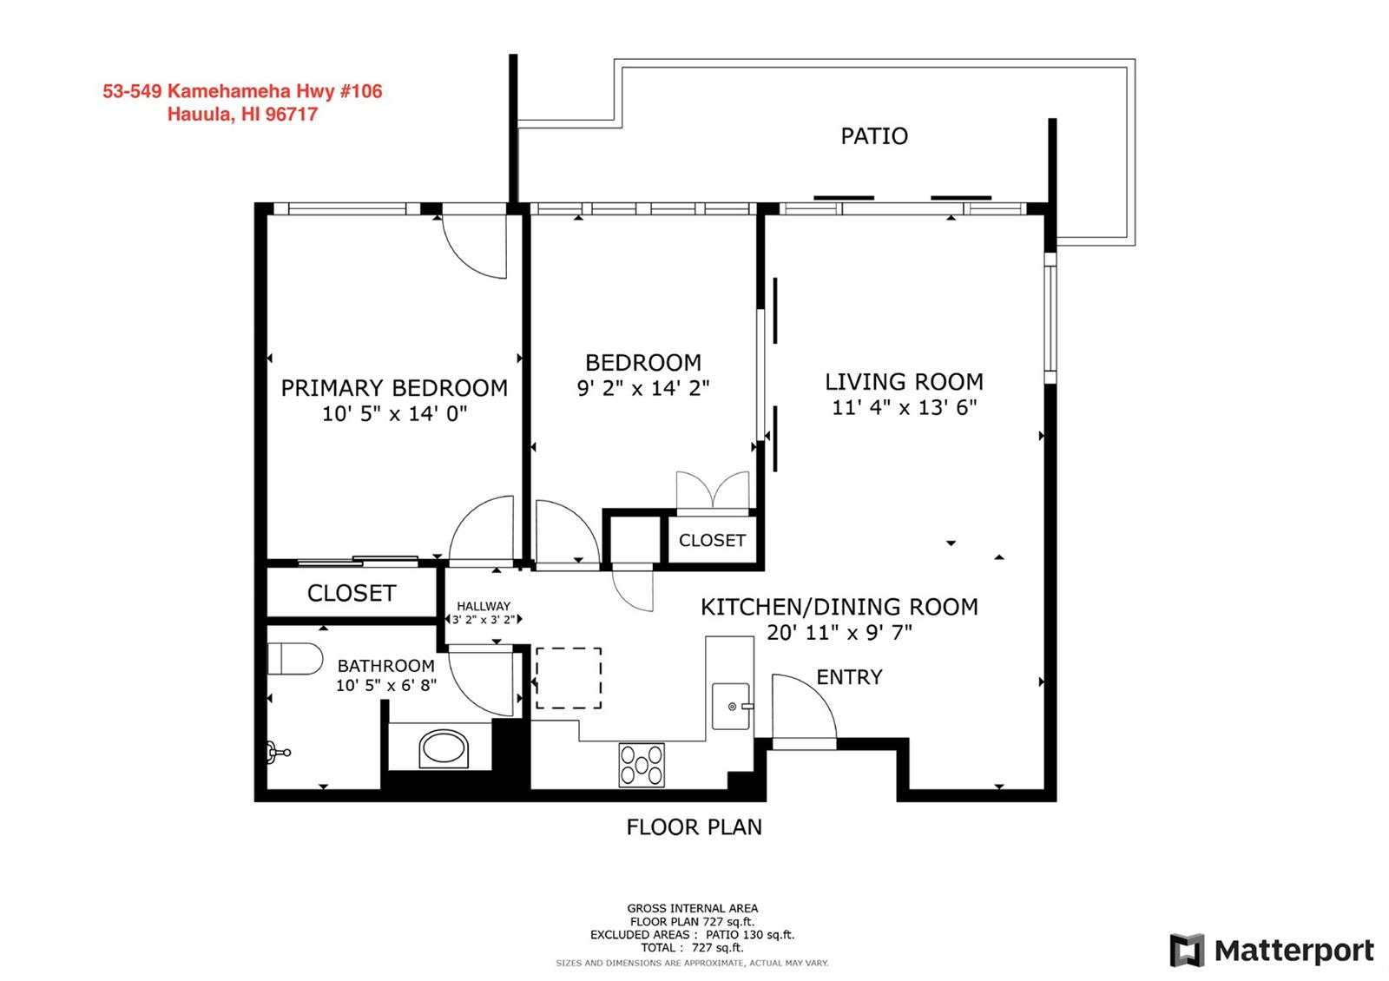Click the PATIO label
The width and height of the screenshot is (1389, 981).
point(873,135)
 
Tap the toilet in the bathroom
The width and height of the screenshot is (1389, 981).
point(294,659)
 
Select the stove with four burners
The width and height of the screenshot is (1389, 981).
point(642,765)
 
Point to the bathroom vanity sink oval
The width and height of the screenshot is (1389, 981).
point(444,748)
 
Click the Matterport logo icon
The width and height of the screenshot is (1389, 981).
point(1187,950)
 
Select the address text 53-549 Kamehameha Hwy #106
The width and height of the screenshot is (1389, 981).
point(242,91)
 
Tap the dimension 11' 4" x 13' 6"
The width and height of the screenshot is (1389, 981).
point(904,407)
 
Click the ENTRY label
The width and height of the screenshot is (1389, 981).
point(849,677)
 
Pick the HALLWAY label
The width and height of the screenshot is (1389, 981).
point(484,606)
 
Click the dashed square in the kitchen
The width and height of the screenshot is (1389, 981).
point(569,678)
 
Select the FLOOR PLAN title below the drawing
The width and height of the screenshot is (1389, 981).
point(694,827)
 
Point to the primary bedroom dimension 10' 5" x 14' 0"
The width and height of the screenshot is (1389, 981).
point(394,413)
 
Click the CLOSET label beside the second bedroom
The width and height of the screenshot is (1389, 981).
point(712,541)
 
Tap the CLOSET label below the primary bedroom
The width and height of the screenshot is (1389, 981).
point(352,594)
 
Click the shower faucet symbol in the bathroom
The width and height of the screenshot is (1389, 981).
point(279,753)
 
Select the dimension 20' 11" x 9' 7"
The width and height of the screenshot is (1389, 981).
point(839,633)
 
